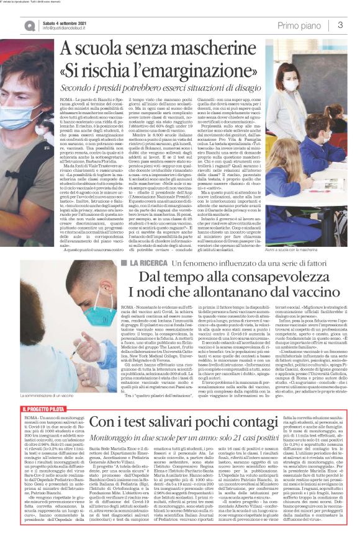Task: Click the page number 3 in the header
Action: pyautogui.click(x=340, y=24)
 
